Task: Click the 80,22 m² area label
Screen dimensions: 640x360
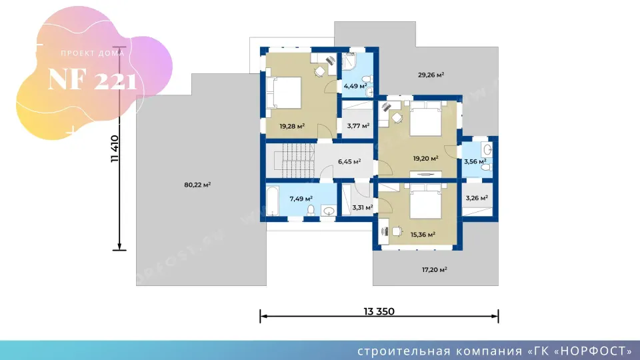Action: [x=197, y=185]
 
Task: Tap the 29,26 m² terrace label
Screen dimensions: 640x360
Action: [x=431, y=75]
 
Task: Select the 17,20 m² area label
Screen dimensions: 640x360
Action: [x=434, y=269]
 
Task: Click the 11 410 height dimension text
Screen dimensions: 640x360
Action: [x=115, y=149]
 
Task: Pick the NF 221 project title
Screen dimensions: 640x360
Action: [x=92, y=80]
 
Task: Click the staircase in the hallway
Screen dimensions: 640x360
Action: [x=294, y=160]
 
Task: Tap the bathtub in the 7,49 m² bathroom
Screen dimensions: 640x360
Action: [x=272, y=201]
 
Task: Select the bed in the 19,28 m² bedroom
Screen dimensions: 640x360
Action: [x=284, y=93]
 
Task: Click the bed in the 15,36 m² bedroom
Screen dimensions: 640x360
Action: [x=425, y=201]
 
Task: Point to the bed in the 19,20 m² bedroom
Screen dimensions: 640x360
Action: [x=425, y=119]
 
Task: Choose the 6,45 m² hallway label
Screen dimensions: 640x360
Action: [x=349, y=161]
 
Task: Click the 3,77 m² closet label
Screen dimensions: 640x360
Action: [x=358, y=126]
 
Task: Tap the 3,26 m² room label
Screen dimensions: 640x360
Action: [x=477, y=198]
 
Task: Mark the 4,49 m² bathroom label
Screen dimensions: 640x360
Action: [x=355, y=86]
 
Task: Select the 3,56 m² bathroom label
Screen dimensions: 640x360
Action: [x=475, y=161]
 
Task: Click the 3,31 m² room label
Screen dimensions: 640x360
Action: [x=363, y=207]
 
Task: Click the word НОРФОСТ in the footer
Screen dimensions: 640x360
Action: [x=593, y=351]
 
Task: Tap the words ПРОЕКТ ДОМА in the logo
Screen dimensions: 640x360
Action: [x=93, y=53]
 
